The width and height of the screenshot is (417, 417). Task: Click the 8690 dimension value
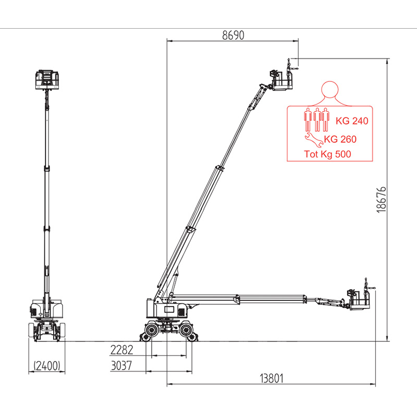[x=233, y=35]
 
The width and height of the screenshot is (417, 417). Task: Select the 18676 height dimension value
[x=382, y=200]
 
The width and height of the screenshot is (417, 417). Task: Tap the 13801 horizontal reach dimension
[x=272, y=378]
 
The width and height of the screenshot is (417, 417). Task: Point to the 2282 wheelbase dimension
[x=121, y=350]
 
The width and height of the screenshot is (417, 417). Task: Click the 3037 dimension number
[x=121, y=365]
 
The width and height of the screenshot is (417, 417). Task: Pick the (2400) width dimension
[x=47, y=366]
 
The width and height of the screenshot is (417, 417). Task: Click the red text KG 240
[x=351, y=121]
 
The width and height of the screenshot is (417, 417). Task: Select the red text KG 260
[x=340, y=139]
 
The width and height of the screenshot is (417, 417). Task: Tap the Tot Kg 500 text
[x=327, y=154]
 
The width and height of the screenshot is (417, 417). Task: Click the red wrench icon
[x=314, y=140]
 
